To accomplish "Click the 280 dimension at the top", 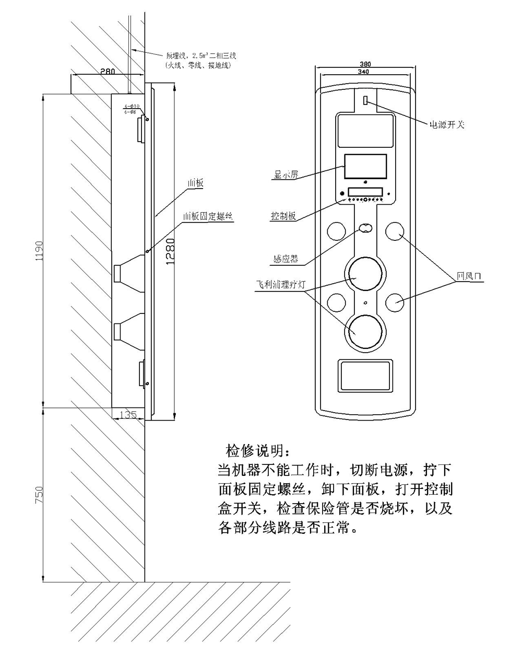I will [108, 71].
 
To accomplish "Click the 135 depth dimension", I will [127, 415].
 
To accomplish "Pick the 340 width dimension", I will [365, 72].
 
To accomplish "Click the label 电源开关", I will [446, 125].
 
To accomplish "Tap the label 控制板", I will [283, 216].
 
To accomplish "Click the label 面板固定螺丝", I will [207, 216].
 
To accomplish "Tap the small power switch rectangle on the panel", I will [365, 100].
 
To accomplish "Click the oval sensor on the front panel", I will [365, 228].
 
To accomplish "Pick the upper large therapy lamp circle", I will [365, 273].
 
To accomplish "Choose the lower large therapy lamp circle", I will [365, 331].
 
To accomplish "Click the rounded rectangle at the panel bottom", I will [365, 375].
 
